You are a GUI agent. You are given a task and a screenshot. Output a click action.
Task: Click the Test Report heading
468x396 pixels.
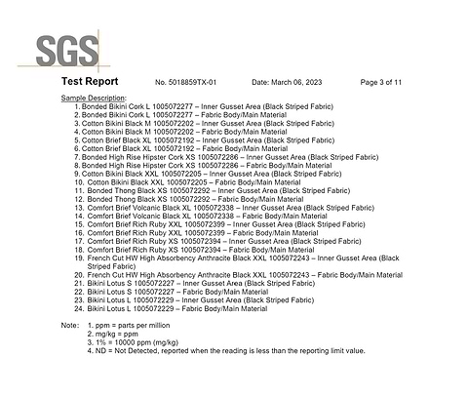(x=89, y=82)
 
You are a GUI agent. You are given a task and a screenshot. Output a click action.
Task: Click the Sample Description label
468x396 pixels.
(x=94, y=99)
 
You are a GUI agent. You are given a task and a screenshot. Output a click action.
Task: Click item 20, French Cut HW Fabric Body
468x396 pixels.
(x=244, y=275)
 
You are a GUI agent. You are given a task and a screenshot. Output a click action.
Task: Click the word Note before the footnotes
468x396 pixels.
(x=69, y=325)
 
